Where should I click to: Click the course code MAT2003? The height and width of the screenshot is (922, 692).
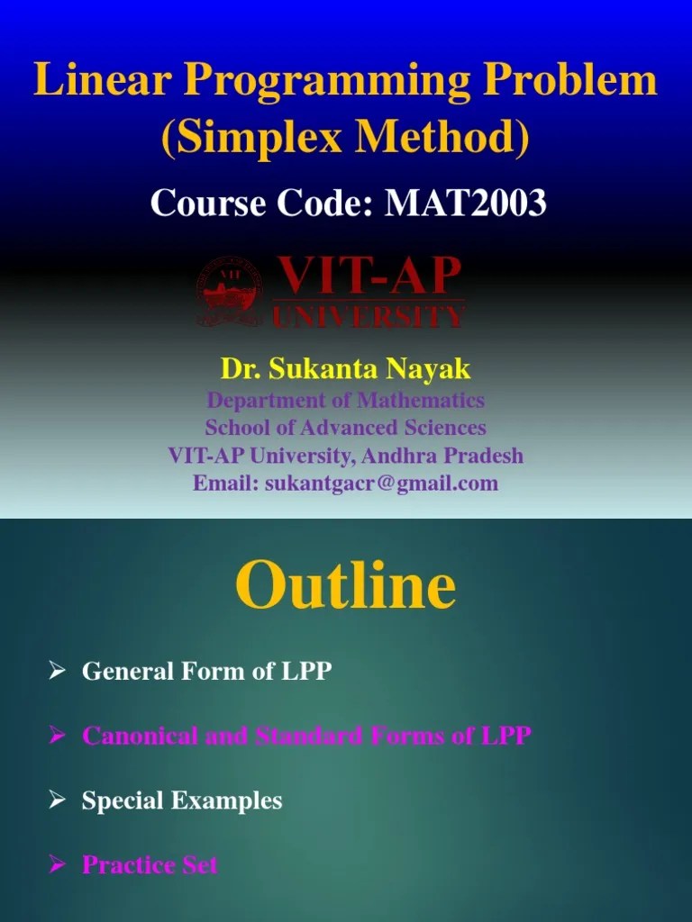coord(466,203)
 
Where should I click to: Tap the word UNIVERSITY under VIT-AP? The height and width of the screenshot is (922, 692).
coord(369,316)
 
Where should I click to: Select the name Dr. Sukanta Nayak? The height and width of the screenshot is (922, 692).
coord(346,368)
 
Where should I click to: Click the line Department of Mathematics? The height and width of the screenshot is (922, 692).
coord(346,399)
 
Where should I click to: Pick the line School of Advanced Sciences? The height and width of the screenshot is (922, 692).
coord(346,427)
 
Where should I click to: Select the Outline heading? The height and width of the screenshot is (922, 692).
coord(346,586)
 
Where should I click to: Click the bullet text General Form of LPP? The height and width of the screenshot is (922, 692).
coord(206,671)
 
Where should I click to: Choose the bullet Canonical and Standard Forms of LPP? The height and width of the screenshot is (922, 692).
coord(306,736)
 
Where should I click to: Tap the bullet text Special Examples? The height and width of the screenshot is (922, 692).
coord(182,800)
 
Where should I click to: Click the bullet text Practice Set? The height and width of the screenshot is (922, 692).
coord(150,864)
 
